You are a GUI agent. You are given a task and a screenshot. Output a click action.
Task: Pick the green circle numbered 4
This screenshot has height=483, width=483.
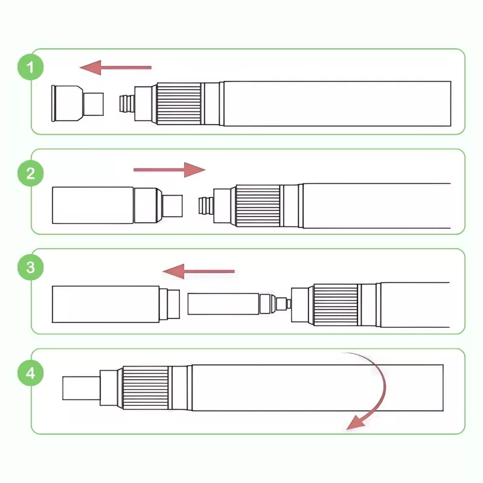pyautogui.click(x=30, y=373)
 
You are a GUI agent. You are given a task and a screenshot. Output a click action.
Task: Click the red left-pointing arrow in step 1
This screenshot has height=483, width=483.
pyautogui.click(x=115, y=66)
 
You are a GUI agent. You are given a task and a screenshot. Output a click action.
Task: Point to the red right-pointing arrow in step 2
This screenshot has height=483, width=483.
pyautogui.click(x=169, y=170)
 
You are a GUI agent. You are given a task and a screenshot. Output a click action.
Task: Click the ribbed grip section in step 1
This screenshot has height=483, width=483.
pyautogui.click(x=179, y=103)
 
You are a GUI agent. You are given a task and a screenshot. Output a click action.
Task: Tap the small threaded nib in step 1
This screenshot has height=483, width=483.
pyautogui.click(x=127, y=103)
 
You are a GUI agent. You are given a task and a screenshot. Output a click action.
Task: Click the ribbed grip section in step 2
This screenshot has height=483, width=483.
pyautogui.click(x=257, y=205)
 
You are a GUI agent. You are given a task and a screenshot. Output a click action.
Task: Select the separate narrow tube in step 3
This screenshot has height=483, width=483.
pyautogui.click(x=223, y=303)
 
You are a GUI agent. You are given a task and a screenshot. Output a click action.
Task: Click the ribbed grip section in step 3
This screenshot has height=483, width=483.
pyautogui.click(x=334, y=304)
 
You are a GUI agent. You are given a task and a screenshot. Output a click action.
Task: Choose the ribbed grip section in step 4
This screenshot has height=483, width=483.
pyautogui.click(x=145, y=388)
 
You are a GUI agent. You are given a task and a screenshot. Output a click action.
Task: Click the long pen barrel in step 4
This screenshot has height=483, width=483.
pyautogui.click(x=317, y=388)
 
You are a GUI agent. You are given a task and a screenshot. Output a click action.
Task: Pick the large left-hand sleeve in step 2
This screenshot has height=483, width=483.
pyautogui.click(x=93, y=205)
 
